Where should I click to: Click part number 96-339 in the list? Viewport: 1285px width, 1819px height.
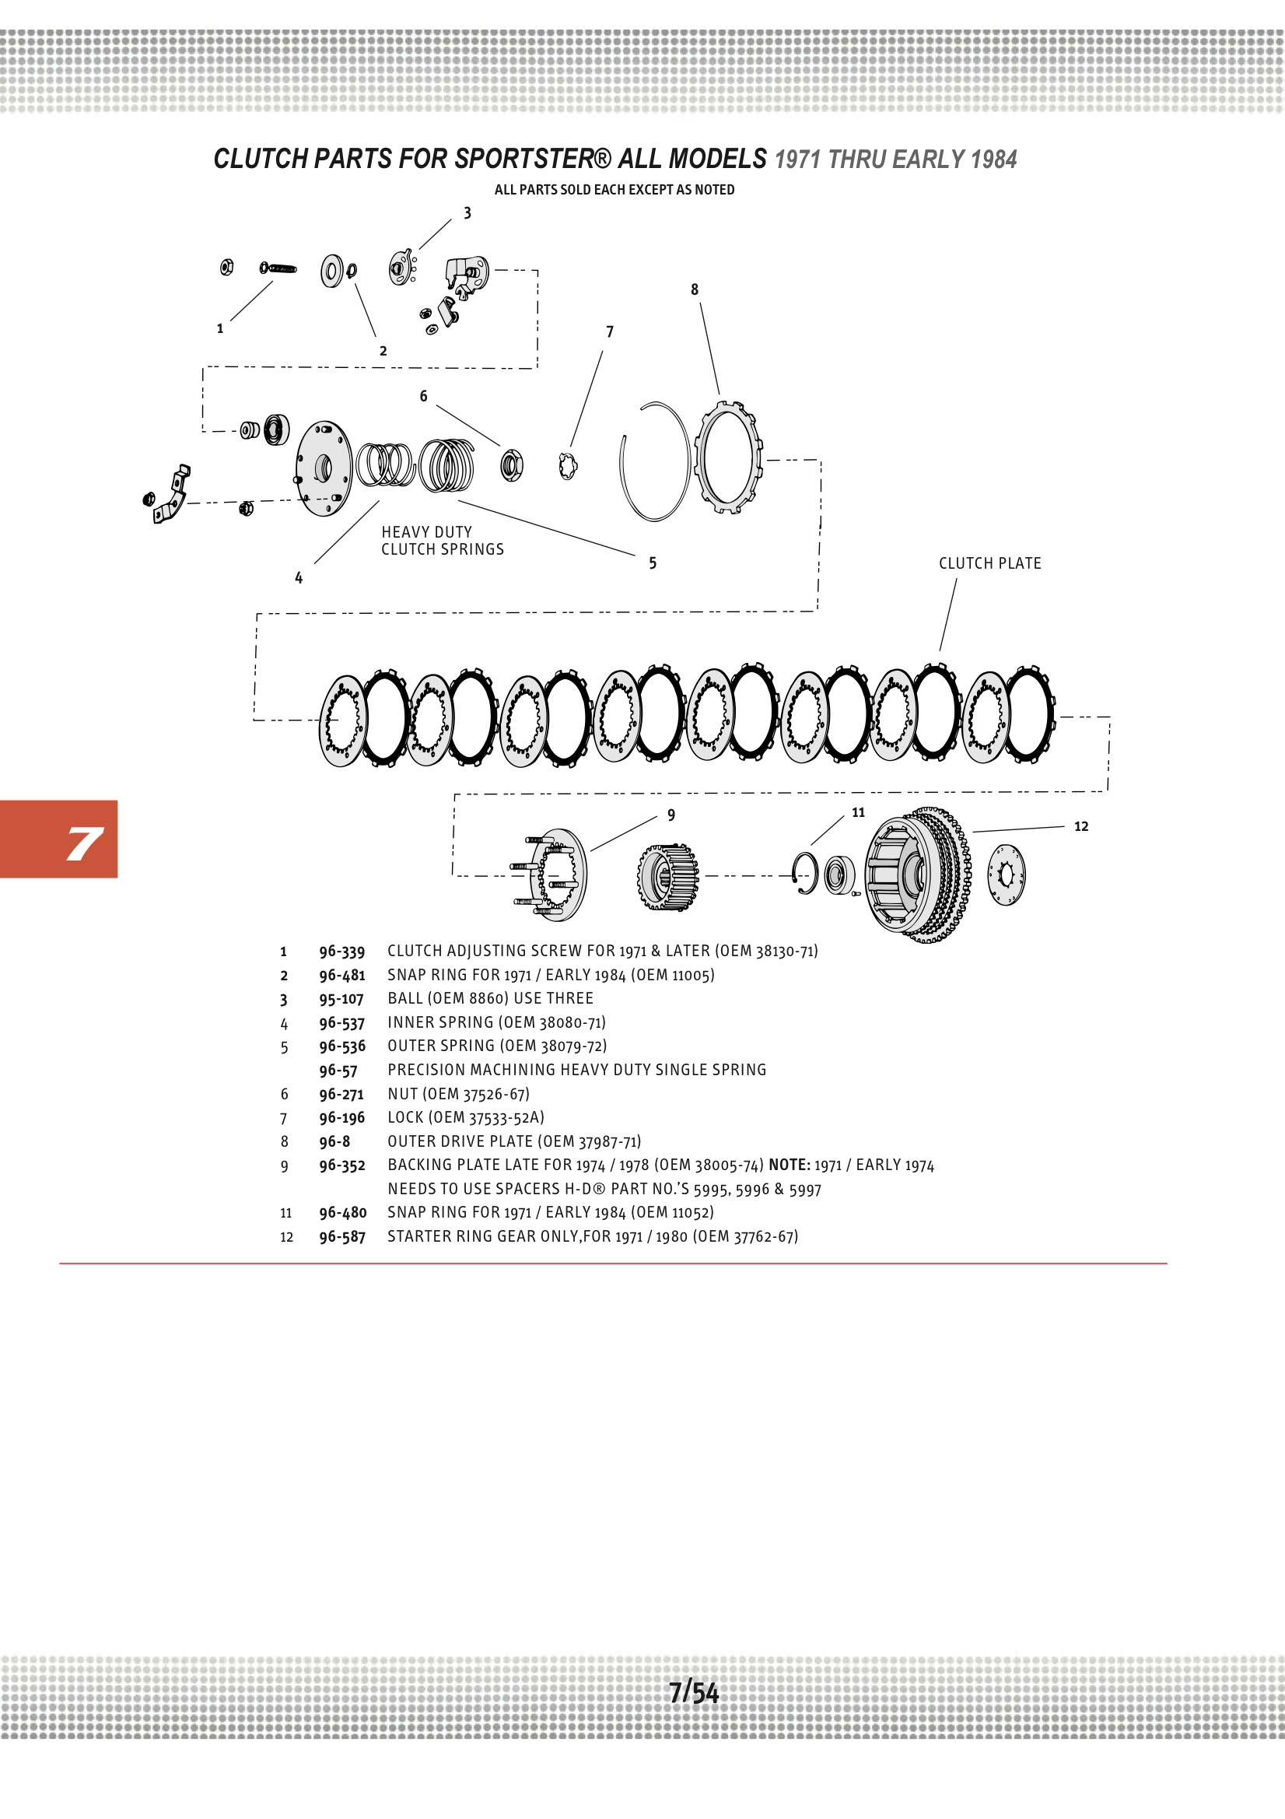coord(341,952)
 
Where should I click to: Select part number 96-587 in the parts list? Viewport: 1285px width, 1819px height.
coord(342,1237)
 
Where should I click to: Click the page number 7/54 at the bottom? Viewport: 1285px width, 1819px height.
coord(693,1692)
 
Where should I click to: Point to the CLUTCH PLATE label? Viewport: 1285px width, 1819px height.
coord(989,563)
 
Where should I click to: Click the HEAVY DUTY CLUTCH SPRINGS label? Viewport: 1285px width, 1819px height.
coord(442,540)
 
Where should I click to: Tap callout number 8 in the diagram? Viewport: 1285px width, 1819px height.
coord(695,290)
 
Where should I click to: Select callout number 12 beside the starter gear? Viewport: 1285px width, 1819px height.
coord(1080,826)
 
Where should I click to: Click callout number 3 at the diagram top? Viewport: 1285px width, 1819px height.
coord(467,213)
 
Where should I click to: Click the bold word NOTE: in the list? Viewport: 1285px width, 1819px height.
coord(789,1165)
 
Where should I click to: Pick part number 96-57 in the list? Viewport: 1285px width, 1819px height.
coord(338,1071)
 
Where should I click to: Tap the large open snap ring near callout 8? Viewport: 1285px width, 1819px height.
coord(654,461)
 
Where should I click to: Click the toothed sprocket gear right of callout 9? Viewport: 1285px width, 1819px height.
coord(668,877)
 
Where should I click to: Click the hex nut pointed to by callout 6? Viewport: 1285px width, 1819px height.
coord(512,465)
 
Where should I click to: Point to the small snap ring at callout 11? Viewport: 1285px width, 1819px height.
coord(806,873)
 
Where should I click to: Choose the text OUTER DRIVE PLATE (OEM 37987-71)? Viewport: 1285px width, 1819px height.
coord(514,1141)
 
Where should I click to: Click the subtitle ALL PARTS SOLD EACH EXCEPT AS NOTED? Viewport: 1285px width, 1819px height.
coord(614,190)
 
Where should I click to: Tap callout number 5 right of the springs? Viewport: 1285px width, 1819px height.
coord(653,563)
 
